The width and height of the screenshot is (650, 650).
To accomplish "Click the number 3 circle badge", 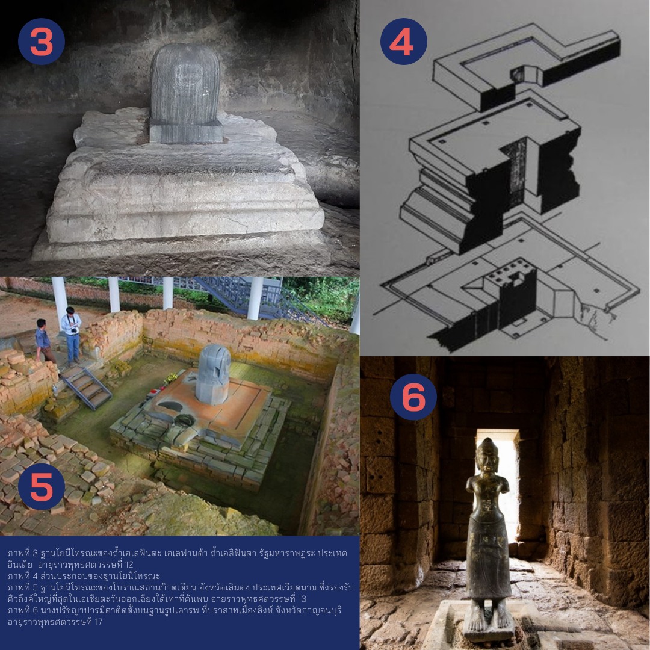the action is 42,42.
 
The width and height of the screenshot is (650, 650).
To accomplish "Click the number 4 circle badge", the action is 403,42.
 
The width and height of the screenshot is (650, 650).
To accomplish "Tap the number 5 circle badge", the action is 42,486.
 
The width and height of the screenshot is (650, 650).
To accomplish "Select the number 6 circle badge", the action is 413,397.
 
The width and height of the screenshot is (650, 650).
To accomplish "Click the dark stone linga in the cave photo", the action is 185,93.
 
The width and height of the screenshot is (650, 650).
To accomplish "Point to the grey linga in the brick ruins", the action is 213,374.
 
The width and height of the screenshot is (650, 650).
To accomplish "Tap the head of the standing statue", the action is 487,455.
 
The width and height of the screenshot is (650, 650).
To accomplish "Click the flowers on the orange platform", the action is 171,379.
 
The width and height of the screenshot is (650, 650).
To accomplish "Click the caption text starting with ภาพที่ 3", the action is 178,559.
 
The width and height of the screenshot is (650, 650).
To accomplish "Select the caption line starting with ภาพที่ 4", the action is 84,576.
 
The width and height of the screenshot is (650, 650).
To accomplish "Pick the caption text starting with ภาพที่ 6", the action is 175,616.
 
